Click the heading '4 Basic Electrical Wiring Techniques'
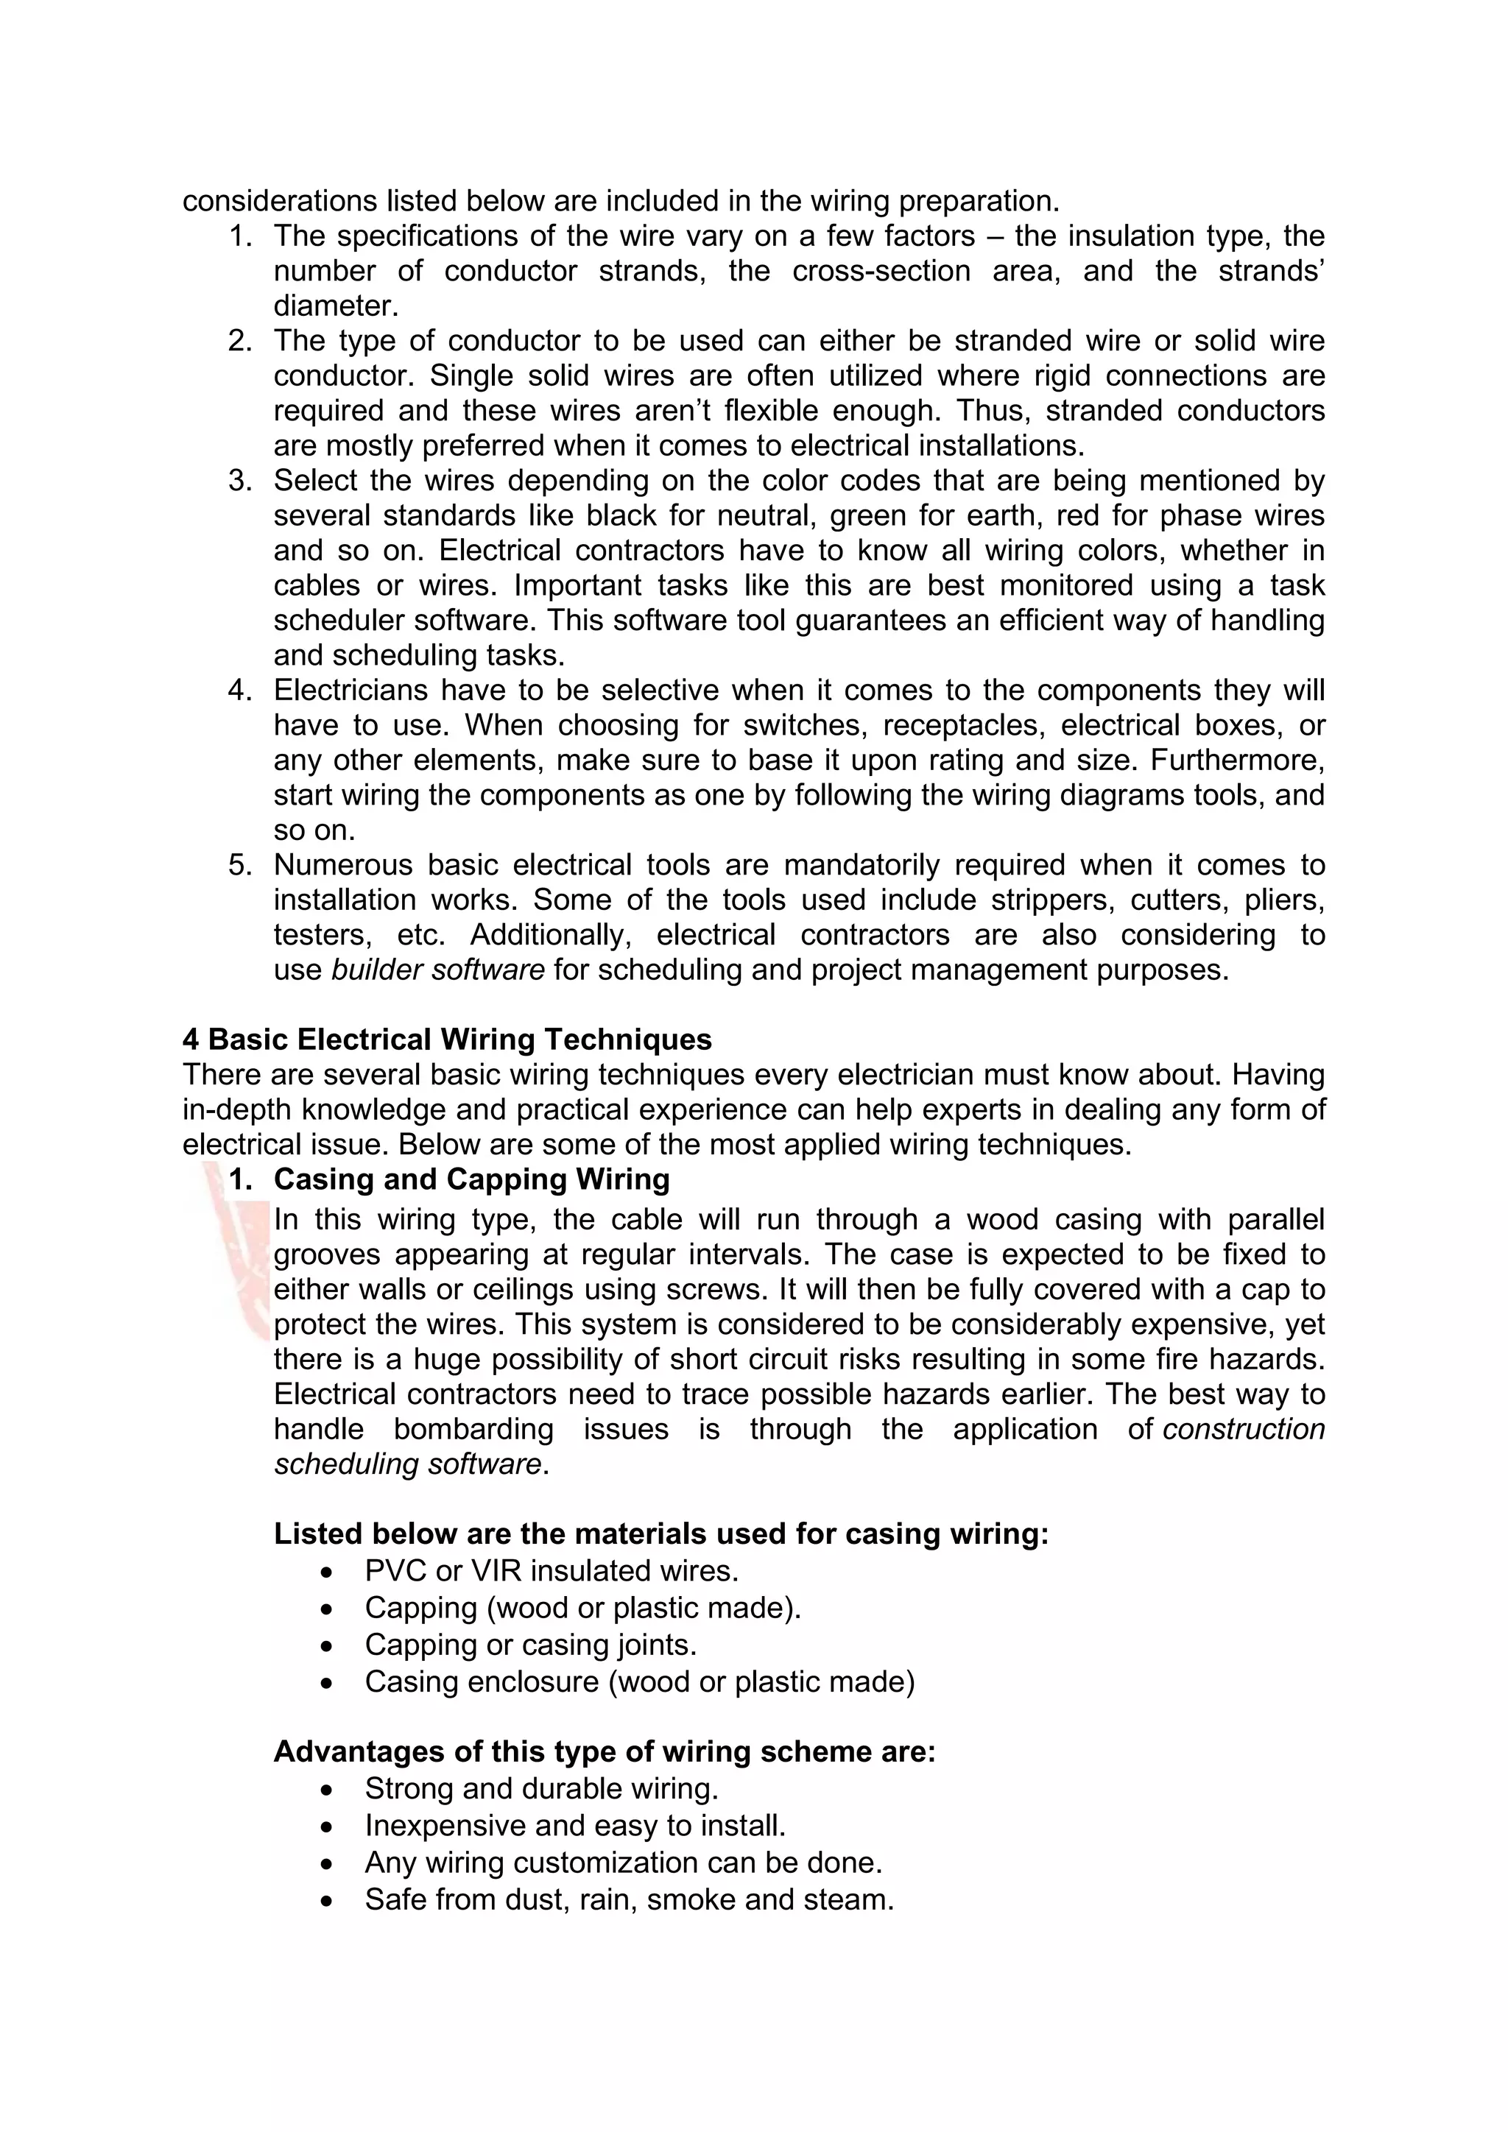[x=447, y=1039]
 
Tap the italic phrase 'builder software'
[x=437, y=970]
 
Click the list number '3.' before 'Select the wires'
[x=241, y=481]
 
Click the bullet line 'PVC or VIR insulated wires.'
[x=551, y=1571]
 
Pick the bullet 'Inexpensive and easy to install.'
[x=575, y=1826]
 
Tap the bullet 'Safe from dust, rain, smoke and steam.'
[x=629, y=1900]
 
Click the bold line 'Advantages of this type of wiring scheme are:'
[x=605, y=1751]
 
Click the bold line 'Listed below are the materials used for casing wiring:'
[x=660, y=1534]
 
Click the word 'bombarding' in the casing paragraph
[x=473, y=1429]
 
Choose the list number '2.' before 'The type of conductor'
[x=241, y=341]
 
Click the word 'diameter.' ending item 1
[x=335, y=306]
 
